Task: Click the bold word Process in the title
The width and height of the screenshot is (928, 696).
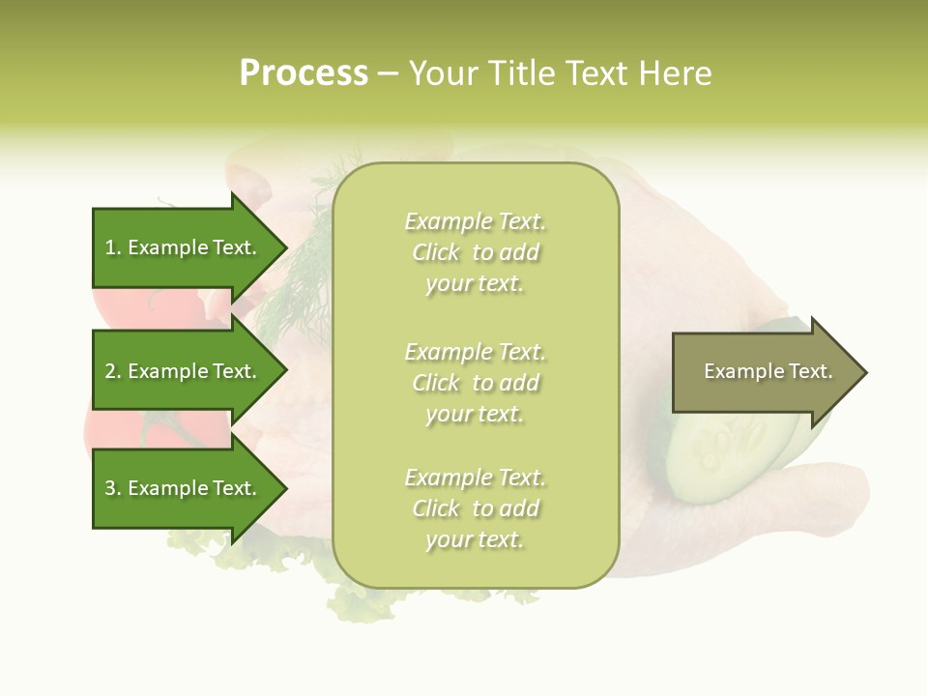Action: [304, 73]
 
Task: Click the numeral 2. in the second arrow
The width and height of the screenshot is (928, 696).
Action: [112, 371]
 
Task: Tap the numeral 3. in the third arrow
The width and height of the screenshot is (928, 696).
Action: [112, 488]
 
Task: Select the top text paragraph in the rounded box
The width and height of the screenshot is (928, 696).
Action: [475, 252]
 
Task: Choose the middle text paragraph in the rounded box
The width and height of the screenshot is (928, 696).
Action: [475, 383]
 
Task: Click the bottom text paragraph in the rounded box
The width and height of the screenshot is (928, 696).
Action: [475, 508]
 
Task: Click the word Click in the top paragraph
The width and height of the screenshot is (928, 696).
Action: [436, 252]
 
